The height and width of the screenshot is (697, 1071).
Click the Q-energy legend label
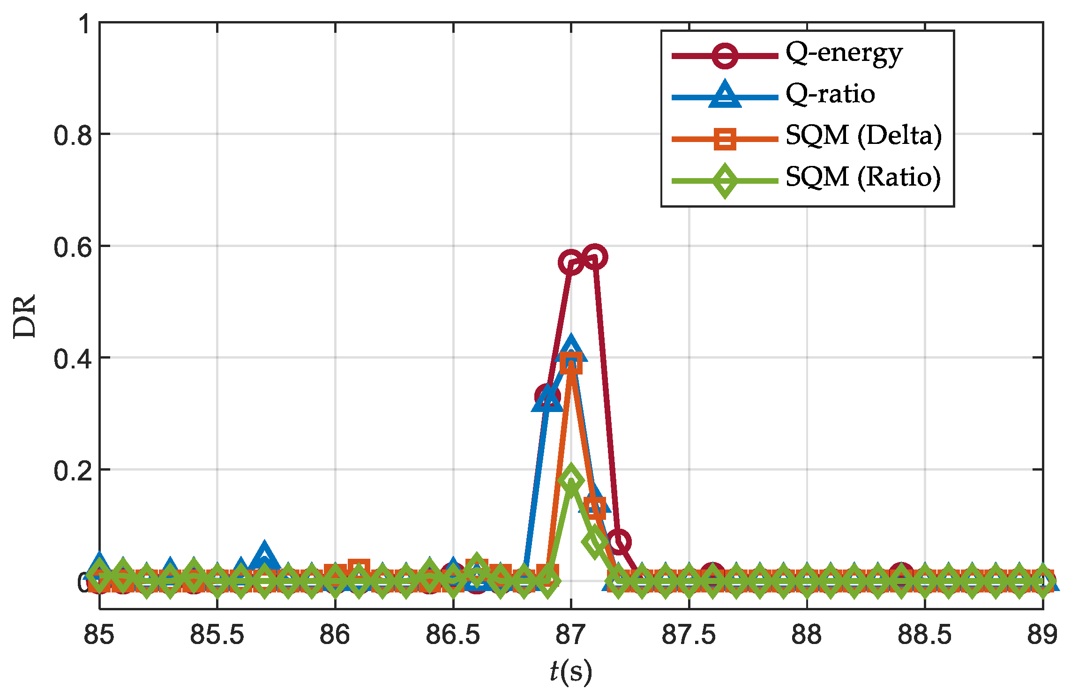click(844, 54)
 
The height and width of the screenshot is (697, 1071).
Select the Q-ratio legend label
click(830, 94)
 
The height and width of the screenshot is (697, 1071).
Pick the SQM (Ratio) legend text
click(863, 177)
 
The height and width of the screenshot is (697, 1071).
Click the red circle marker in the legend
click(725, 55)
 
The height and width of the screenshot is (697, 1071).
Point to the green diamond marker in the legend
click(725, 181)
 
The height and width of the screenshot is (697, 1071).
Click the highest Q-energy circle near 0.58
click(594, 257)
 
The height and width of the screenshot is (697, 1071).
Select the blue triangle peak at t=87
click(570, 349)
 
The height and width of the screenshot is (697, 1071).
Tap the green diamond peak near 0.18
click(570, 480)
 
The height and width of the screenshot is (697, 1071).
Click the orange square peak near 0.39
click(571, 363)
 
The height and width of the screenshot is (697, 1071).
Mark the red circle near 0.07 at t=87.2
click(618, 542)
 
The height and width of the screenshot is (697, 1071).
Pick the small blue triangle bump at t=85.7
click(264, 555)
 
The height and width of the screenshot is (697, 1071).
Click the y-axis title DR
click(24, 315)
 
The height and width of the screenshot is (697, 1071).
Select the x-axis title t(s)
click(570, 671)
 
